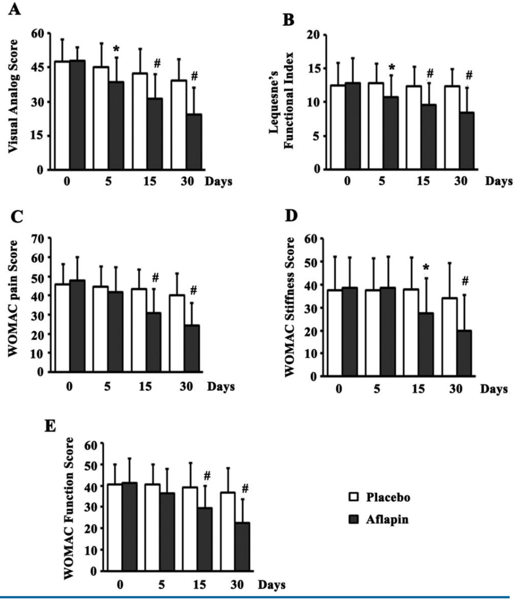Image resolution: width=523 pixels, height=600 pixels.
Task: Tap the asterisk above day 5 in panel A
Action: tap(116, 49)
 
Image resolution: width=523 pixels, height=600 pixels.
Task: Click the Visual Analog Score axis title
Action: tap(13, 96)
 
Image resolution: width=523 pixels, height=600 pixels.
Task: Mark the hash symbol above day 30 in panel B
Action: tap(469, 75)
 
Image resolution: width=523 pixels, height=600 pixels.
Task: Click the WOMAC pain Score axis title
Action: tap(13, 298)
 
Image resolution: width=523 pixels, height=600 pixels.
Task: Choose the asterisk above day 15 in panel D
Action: tap(426, 268)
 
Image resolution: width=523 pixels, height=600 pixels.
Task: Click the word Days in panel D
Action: tap(494, 389)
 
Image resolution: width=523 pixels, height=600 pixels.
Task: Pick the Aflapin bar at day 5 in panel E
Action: tap(167, 531)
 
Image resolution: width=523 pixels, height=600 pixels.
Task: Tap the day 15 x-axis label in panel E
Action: tap(199, 585)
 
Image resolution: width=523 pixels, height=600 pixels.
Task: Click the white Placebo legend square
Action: tap(354, 497)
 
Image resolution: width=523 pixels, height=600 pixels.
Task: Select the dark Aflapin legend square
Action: tap(354, 519)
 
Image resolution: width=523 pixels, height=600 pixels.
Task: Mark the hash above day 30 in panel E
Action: tap(245, 488)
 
